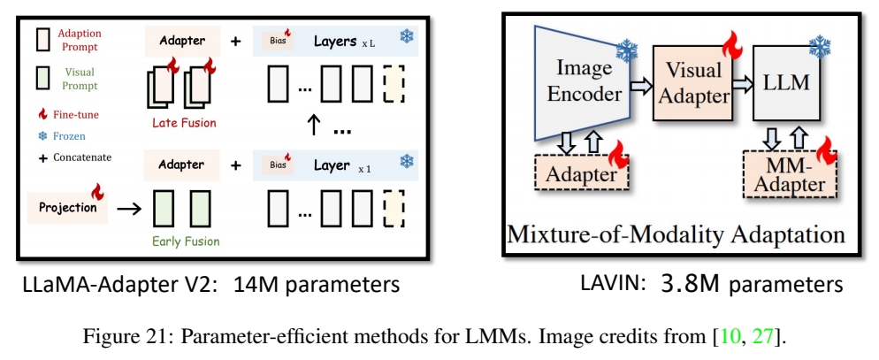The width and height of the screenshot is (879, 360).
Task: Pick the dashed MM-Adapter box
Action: tap(785, 175)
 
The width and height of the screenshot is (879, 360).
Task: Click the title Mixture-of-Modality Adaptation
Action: tap(673, 234)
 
